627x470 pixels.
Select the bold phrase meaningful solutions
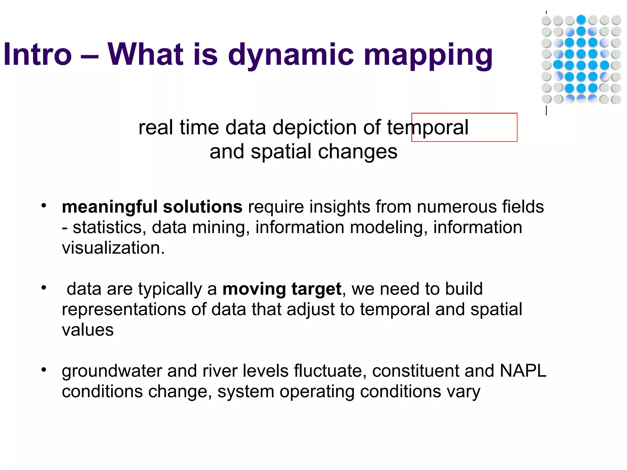(152, 207)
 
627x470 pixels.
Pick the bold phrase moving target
(282, 289)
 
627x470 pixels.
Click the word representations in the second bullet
(124, 309)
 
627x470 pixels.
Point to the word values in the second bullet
(88, 330)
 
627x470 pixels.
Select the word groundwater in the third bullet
(111, 371)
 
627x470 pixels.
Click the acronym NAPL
(523, 371)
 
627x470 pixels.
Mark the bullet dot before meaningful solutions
(44, 205)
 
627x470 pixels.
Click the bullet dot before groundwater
(44, 370)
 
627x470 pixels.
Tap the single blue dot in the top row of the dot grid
(581, 20)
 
